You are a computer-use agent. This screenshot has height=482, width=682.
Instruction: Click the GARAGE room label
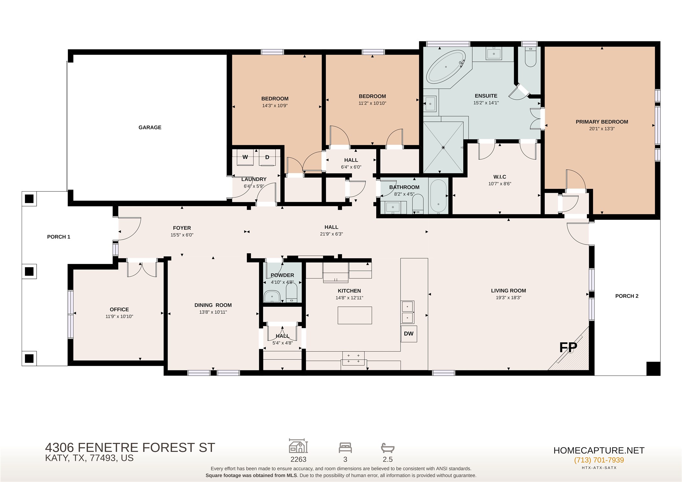[x=150, y=127]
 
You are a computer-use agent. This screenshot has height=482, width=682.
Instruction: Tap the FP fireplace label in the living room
[x=568, y=347]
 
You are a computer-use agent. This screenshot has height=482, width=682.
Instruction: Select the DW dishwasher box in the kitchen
[x=409, y=334]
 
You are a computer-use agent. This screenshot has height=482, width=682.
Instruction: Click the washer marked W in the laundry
[x=245, y=157]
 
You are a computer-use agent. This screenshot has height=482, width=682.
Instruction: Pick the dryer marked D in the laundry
[x=267, y=157]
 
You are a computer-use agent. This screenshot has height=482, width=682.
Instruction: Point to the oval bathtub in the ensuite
[x=445, y=67]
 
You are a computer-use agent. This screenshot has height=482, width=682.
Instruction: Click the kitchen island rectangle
[x=355, y=315]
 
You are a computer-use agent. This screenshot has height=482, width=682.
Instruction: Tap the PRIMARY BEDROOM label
[x=602, y=122]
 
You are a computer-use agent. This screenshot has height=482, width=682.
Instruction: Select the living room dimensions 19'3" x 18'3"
[x=508, y=298]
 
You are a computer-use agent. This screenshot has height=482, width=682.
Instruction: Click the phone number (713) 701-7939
[x=599, y=460]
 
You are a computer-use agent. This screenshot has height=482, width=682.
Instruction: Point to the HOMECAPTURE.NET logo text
[x=599, y=450]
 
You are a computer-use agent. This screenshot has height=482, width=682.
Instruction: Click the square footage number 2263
[x=298, y=459]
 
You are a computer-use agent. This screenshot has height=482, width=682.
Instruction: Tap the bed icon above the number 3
[x=345, y=448]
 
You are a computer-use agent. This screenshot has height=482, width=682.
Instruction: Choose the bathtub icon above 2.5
[x=388, y=448]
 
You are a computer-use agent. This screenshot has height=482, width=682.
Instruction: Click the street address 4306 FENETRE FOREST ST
[x=130, y=448]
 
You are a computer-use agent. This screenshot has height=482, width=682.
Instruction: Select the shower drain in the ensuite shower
[x=443, y=148]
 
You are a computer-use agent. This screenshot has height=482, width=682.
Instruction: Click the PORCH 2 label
[x=627, y=296]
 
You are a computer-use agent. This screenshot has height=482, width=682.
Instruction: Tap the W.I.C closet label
[x=500, y=177]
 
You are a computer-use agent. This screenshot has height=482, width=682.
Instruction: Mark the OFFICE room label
[x=119, y=310]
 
